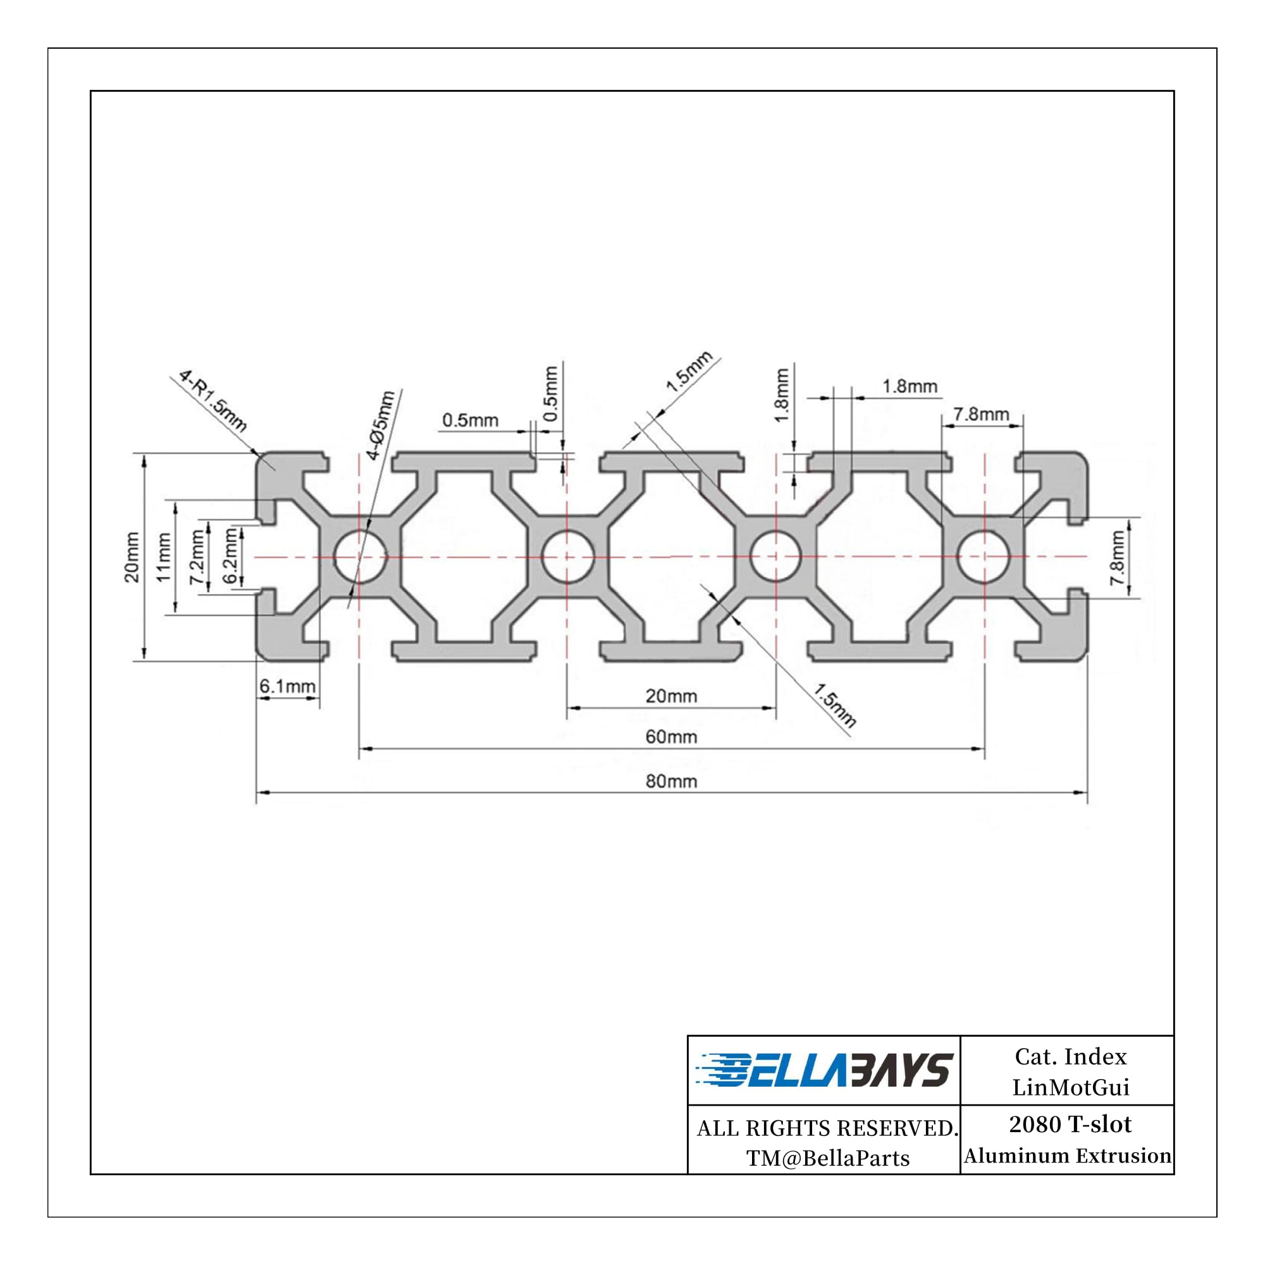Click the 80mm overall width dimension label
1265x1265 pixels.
pyautogui.click(x=671, y=782)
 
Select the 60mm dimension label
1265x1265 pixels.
pyautogui.click(x=671, y=737)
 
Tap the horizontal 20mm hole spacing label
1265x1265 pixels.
pyautogui.click(x=671, y=696)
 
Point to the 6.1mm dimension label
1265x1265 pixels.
pyautogui.click(x=287, y=686)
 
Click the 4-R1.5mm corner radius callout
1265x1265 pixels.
pyautogui.click(x=213, y=402)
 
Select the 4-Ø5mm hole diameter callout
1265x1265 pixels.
pyautogui.click(x=380, y=425)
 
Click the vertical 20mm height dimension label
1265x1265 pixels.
pyautogui.click(x=132, y=557)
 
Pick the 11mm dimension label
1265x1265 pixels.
pyautogui.click(x=163, y=557)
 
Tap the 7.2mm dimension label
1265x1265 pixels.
pyautogui.click(x=197, y=557)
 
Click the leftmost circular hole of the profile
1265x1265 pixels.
pyautogui.click(x=359, y=557)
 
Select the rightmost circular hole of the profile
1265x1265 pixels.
pyautogui.click(x=984, y=557)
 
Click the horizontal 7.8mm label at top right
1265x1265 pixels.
pyautogui.click(x=980, y=414)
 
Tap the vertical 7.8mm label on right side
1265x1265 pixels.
pyautogui.click(x=1118, y=557)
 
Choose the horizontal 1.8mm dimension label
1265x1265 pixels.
pyautogui.click(x=910, y=386)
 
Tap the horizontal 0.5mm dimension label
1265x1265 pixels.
pyautogui.click(x=470, y=421)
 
